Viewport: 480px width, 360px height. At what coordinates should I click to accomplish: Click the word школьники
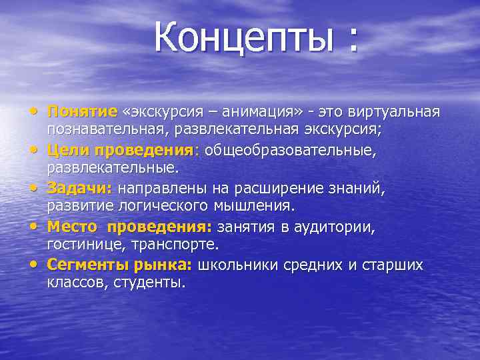point(244,265)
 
